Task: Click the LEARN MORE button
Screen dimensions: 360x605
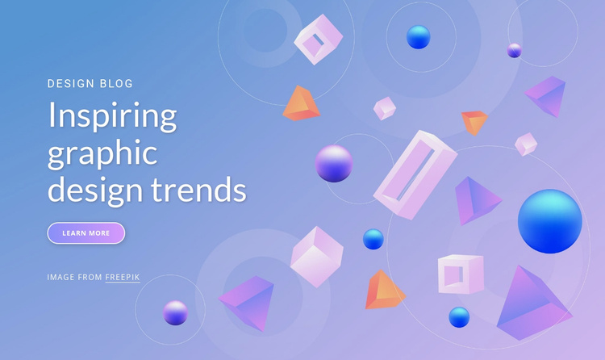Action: pyautogui.click(x=86, y=233)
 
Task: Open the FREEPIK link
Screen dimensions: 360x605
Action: pyautogui.click(x=123, y=277)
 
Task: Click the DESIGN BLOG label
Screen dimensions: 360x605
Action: pyautogui.click(x=90, y=83)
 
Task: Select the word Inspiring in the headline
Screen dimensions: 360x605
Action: pyautogui.click(x=112, y=116)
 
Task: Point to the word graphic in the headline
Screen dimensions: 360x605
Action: pyautogui.click(x=102, y=153)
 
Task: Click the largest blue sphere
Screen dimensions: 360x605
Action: pyautogui.click(x=549, y=220)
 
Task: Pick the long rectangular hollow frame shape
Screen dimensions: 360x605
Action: pyautogui.click(x=414, y=175)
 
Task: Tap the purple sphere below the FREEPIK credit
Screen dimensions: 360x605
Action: pyautogui.click(x=175, y=312)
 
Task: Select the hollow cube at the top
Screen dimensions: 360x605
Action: pyautogui.click(x=319, y=40)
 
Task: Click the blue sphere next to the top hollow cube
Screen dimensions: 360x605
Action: pyautogui.click(x=418, y=37)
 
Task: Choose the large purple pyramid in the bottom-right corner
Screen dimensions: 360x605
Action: pyautogui.click(x=532, y=303)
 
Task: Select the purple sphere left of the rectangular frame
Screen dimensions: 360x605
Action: pyautogui.click(x=334, y=163)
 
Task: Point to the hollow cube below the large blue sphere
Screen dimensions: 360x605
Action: pyautogui.click(x=461, y=274)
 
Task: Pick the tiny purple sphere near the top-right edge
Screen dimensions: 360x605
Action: pyautogui.click(x=514, y=51)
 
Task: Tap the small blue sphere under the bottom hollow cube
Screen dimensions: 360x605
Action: pyautogui.click(x=459, y=316)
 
